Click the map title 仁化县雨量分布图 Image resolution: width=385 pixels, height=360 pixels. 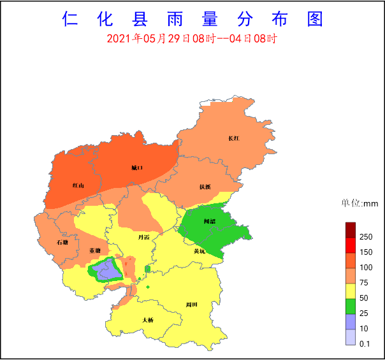coord(192,19)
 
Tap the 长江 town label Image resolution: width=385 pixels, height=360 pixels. coord(233,138)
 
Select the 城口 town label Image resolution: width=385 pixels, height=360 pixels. coord(137,168)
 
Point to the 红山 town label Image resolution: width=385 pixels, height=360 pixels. coord(78,185)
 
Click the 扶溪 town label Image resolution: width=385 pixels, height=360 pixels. coord(205,187)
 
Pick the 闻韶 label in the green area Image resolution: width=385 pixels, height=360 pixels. coord(209,221)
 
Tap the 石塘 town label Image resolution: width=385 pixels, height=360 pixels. coord(62,242)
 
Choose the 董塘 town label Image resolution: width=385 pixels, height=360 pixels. coord(94,250)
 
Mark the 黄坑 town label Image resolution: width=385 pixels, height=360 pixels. coord(200,251)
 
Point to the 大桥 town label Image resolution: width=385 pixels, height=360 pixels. coord(148,320)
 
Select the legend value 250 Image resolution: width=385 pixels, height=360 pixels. coord(365,237)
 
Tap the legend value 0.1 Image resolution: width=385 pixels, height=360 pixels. coord(365,344)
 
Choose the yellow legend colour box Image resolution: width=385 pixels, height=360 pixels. coord(350,291)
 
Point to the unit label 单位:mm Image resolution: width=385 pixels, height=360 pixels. coord(360,204)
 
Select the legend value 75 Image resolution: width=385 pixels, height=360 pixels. coord(363,283)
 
